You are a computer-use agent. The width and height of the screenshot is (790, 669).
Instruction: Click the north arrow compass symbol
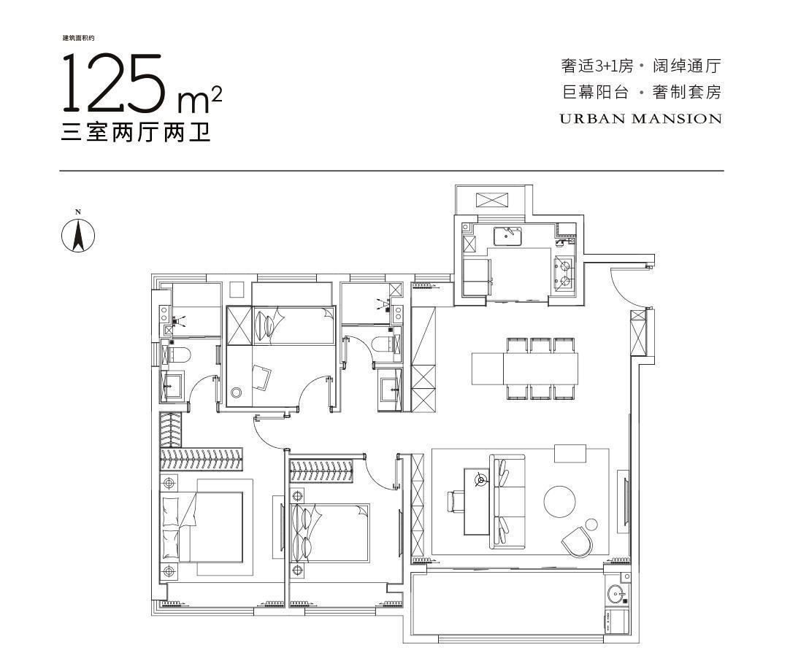[x=78, y=235]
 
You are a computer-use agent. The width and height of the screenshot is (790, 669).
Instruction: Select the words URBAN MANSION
[x=641, y=119]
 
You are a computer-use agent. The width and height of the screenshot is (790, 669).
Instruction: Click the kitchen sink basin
[x=508, y=236]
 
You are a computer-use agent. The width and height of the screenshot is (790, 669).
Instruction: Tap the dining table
[x=524, y=368]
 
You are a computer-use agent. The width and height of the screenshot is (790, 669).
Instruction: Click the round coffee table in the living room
[x=559, y=501]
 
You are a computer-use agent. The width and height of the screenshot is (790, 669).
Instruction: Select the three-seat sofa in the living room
[x=507, y=501]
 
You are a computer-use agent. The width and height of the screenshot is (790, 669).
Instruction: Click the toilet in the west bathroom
[x=177, y=355]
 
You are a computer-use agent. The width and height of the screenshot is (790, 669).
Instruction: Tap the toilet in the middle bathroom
[x=386, y=344]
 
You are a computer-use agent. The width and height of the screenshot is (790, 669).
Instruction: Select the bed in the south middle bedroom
[x=330, y=532]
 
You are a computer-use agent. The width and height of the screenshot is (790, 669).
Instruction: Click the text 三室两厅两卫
[x=136, y=132]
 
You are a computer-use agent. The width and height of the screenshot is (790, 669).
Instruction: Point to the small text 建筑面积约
[x=78, y=38]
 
